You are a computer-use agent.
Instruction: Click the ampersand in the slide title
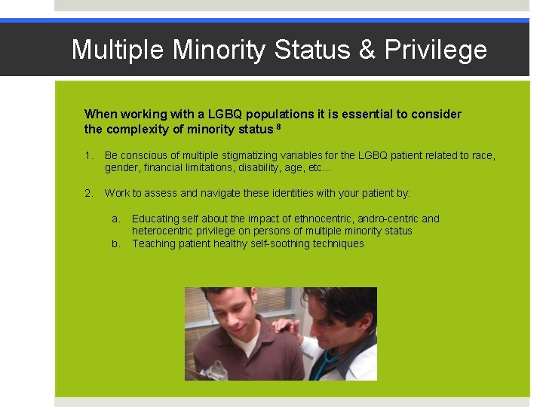coord(367,50)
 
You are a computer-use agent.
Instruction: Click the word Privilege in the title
coord(436,50)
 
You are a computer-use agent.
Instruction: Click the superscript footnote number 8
coord(278,127)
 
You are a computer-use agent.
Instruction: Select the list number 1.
coord(88,155)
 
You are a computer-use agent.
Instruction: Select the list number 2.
coord(88,193)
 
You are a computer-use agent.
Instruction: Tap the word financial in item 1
coord(164,167)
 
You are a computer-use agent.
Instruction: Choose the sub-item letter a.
coord(116,219)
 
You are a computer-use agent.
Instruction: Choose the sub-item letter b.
coord(116,243)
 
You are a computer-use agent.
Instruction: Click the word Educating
coord(156,219)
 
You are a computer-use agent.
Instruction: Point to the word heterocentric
coord(165,231)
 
